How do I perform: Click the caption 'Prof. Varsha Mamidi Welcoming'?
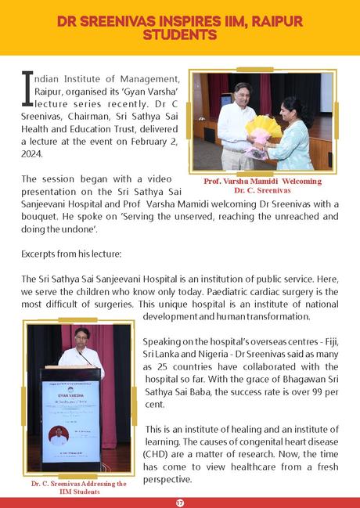(x=264, y=181)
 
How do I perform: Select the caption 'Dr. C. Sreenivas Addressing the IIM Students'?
(x=78, y=487)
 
